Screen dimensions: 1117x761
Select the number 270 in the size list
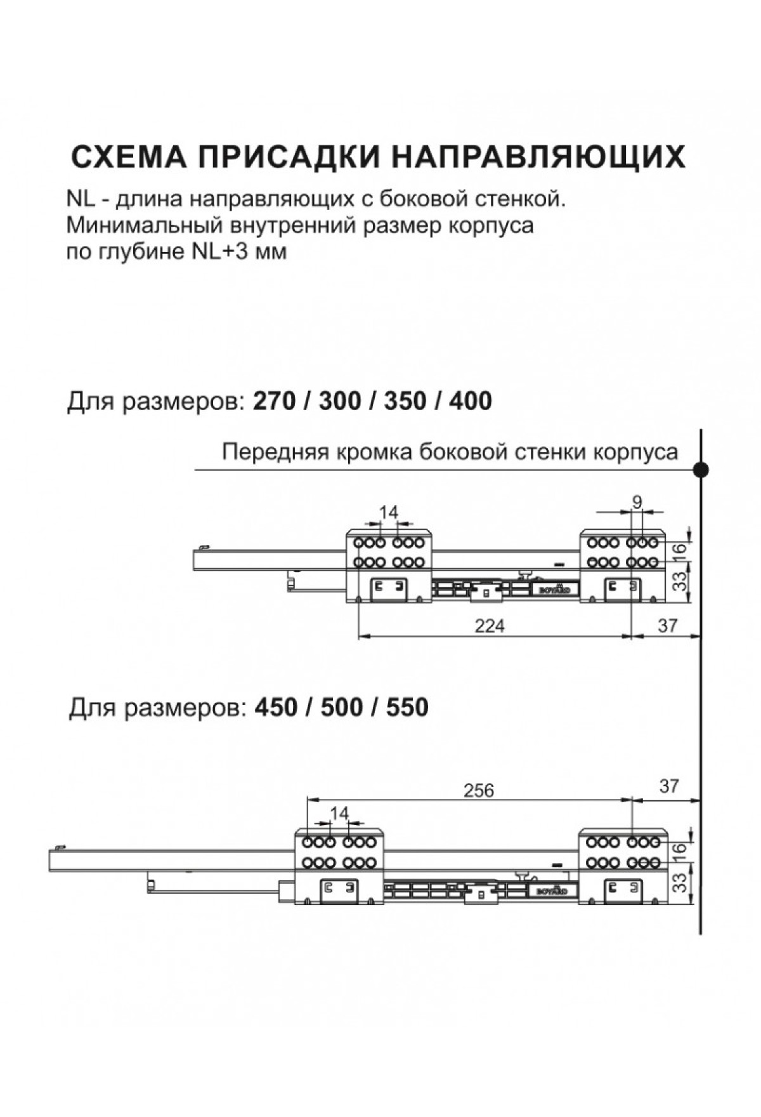coord(274,401)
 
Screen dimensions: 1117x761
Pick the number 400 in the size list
coord(470,401)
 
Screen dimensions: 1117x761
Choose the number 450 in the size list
coord(276,707)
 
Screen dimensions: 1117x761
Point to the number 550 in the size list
coord(407,707)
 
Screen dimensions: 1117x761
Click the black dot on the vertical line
coord(701,470)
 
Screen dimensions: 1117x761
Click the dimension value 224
coord(490,626)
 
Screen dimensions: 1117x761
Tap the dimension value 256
coord(478,790)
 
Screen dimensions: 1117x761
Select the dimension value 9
coord(637,502)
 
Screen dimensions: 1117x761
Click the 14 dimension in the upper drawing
coord(388,512)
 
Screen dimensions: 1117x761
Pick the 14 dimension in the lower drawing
coord(339,813)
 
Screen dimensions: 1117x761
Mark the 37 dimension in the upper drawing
coord(668,626)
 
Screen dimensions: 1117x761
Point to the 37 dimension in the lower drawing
coord(669,786)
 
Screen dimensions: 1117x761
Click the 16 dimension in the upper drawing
coord(680,549)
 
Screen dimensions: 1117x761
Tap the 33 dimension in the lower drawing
coord(680,882)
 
